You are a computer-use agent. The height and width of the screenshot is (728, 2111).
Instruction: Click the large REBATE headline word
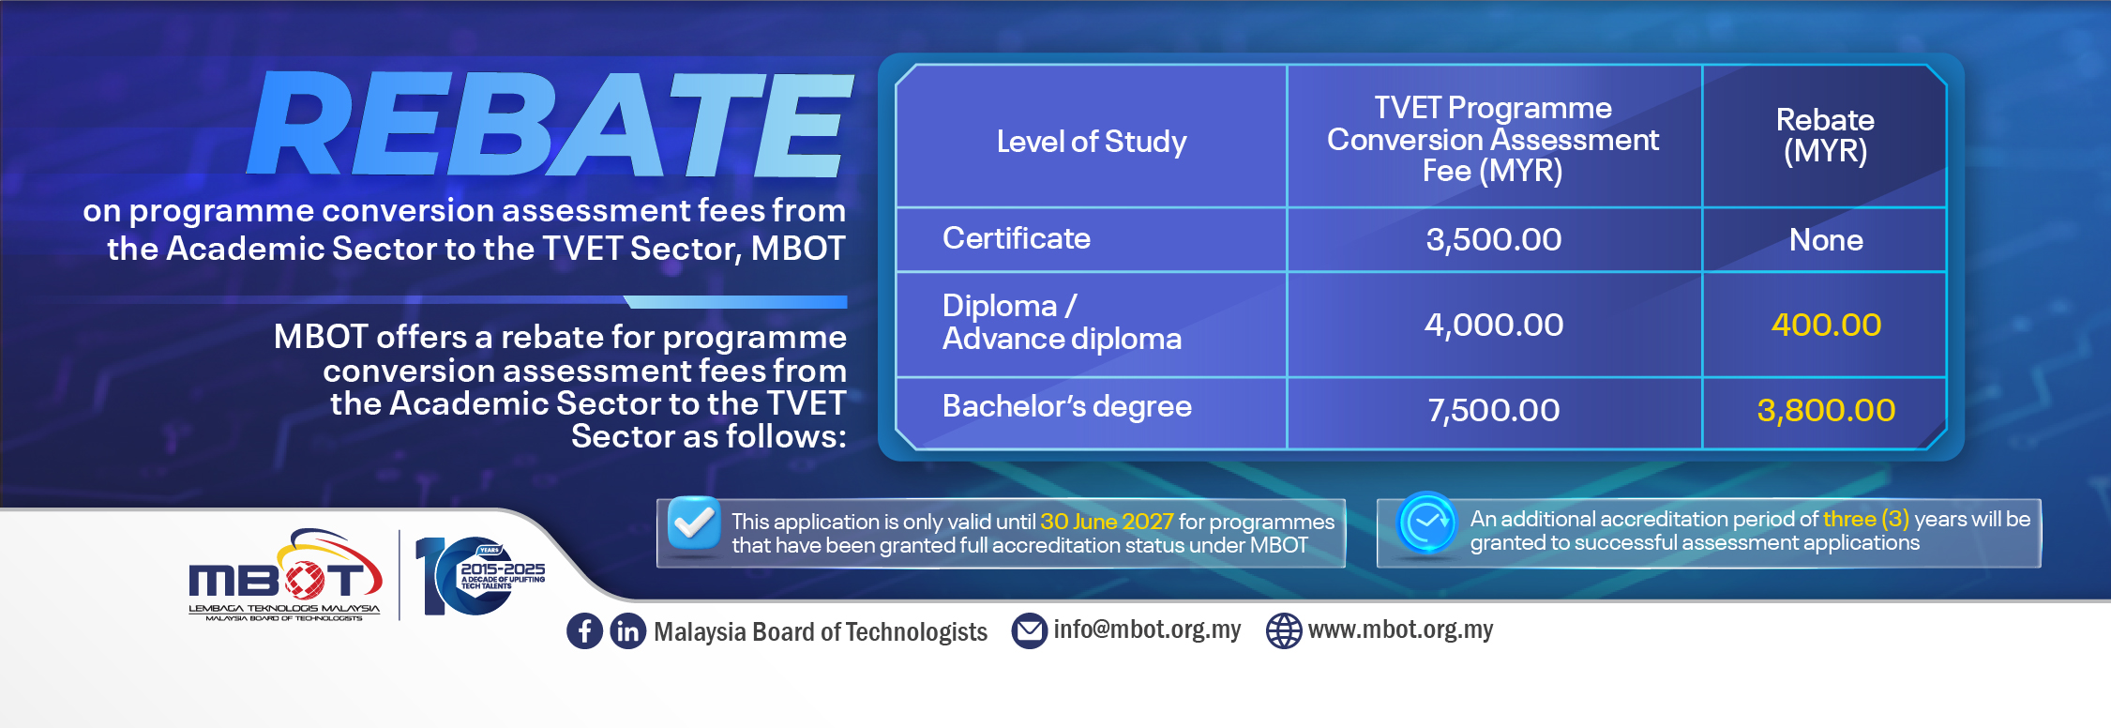click(x=550, y=124)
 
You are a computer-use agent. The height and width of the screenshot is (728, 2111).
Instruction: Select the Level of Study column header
click(x=1092, y=142)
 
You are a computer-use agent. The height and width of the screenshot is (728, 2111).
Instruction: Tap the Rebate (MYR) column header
click(x=1825, y=135)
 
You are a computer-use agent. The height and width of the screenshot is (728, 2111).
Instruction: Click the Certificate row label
click(x=1017, y=238)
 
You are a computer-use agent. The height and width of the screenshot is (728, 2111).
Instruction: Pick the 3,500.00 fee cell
click(x=1494, y=240)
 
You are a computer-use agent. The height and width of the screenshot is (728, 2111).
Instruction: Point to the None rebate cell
click(x=1826, y=240)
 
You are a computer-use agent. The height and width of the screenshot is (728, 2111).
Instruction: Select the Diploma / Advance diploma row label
click(x=1062, y=322)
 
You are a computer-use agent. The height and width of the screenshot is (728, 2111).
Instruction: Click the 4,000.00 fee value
click(x=1494, y=325)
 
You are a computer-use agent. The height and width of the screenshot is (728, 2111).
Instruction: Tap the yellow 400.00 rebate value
click(x=1826, y=325)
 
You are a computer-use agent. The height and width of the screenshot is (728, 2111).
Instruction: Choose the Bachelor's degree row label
click(x=1067, y=406)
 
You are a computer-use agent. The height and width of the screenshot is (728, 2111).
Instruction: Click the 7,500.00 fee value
click(x=1494, y=410)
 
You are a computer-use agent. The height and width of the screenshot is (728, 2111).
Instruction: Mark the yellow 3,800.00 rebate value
click(x=1826, y=410)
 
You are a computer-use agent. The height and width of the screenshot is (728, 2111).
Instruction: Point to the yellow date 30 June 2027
click(x=1107, y=522)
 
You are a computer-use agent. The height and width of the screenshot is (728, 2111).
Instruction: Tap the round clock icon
click(x=1426, y=523)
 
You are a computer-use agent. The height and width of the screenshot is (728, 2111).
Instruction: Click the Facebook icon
click(x=584, y=630)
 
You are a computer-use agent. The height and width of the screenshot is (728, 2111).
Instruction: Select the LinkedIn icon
click(x=627, y=630)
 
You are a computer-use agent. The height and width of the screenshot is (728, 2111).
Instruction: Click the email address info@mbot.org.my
click(x=1147, y=629)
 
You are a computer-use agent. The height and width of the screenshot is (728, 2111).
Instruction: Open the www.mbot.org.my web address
click(x=1400, y=629)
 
